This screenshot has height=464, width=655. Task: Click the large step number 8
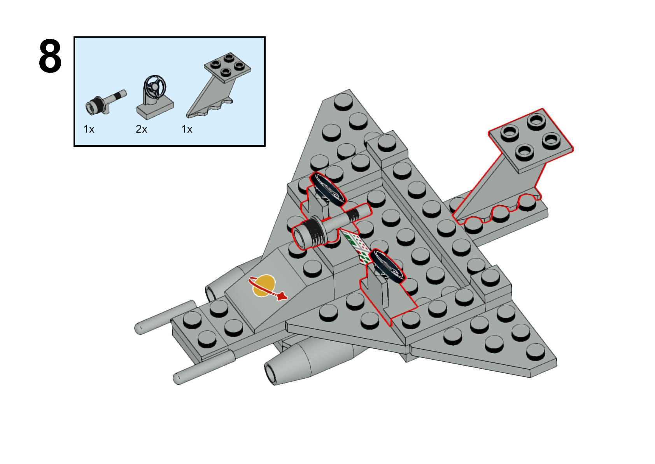pos(50,56)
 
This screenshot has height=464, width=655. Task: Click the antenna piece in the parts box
pos(105,102)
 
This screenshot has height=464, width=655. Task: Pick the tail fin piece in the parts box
pos(219,85)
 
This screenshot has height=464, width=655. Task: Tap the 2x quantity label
pos(141,129)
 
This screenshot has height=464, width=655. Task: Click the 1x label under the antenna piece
pos(89,129)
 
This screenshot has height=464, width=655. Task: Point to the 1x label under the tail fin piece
pos(187,129)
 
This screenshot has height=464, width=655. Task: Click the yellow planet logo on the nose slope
pos(264,285)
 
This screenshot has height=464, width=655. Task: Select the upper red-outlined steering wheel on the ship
pos(327,189)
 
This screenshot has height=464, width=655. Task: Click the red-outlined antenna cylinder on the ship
pos(331,226)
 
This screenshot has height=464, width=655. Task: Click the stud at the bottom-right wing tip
pos(536,352)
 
